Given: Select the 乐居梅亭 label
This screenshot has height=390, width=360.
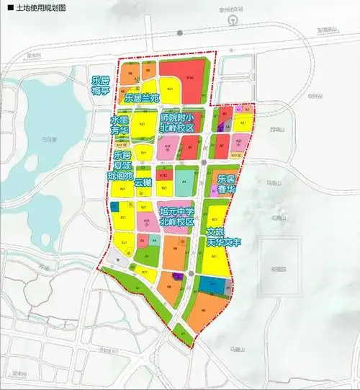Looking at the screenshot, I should point(100,85).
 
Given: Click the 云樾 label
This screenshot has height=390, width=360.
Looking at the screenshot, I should point(153,182).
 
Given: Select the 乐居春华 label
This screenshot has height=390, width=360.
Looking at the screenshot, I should point(227,183).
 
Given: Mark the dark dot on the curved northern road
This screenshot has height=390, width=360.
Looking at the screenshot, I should point(181,33).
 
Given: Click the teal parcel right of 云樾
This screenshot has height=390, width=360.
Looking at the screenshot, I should point(185,177).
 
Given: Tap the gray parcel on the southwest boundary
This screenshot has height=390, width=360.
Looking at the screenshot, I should point(131,267).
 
